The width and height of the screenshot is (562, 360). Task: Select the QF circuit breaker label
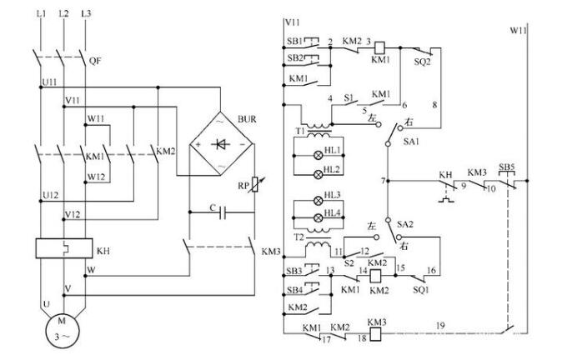coord(95,61)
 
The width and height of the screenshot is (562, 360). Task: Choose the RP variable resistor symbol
coord(256,186)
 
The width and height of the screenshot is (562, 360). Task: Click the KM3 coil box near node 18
coord(376,332)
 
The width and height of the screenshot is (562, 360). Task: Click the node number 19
coord(440,322)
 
